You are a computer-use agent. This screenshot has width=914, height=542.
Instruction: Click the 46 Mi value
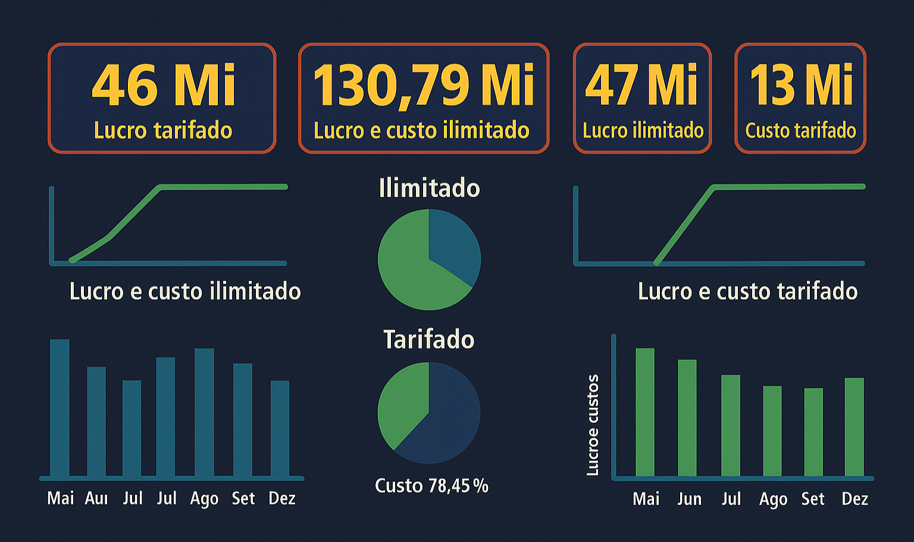(x=164, y=85)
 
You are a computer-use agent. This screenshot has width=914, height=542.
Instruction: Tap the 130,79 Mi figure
(x=423, y=85)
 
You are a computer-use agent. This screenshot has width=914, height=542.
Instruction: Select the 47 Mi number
(x=641, y=85)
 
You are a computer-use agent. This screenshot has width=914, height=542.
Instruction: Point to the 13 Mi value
(x=801, y=85)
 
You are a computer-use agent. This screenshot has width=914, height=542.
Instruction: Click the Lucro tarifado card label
(x=163, y=130)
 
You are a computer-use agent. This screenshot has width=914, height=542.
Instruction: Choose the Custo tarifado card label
(x=800, y=130)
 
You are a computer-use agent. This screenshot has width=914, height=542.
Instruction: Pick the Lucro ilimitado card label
(x=643, y=130)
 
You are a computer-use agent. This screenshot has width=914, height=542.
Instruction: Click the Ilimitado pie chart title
(x=429, y=188)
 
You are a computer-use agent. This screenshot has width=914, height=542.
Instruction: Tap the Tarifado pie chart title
(x=428, y=339)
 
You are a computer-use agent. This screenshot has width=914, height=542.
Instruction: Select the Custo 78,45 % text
(x=431, y=486)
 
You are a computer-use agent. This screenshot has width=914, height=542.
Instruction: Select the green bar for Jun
(x=687, y=417)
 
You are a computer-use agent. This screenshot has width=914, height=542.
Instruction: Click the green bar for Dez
(x=854, y=426)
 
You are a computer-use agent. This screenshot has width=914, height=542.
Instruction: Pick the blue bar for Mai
(x=60, y=408)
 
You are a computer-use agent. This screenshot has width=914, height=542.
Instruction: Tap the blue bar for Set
(x=242, y=420)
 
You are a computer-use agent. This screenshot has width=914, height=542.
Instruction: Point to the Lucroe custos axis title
(x=593, y=425)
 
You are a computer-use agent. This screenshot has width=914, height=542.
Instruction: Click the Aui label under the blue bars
(x=96, y=499)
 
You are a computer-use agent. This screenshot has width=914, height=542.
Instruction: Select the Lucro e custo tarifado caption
(x=747, y=291)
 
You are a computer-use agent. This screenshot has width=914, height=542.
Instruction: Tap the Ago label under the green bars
(x=772, y=499)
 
